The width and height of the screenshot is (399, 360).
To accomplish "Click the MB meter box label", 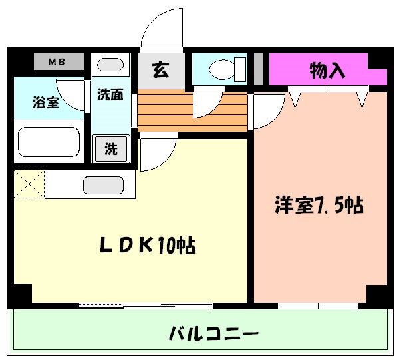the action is coord(57,62).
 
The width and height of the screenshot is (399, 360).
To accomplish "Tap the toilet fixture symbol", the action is coord(227,69).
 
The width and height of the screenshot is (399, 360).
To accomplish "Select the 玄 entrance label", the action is coord(161,70).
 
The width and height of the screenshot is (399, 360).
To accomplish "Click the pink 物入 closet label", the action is coord(327,70).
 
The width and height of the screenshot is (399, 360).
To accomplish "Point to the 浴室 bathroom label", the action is coord(46,102).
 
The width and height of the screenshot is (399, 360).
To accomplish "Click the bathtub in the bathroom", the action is coord(49,142).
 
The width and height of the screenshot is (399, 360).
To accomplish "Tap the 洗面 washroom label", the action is coord(110,94).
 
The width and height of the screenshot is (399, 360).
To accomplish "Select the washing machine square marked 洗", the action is coord(111,149).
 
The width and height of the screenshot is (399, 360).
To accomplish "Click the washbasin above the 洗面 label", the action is coord(110,65).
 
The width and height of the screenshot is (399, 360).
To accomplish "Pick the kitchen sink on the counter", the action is coord(103,185).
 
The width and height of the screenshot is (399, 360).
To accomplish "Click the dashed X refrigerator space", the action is coord(29,184).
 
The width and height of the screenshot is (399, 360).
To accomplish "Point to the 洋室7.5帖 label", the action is coord(319,205).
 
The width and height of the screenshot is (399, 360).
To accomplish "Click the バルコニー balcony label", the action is coord(213,333).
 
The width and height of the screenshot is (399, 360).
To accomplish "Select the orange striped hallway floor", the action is coord(192,110).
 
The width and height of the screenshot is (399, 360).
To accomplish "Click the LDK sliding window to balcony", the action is coord(146,305).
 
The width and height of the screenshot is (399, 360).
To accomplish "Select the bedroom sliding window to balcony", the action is coord(318,306).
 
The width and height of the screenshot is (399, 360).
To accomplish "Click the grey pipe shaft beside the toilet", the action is coord(258,69).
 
